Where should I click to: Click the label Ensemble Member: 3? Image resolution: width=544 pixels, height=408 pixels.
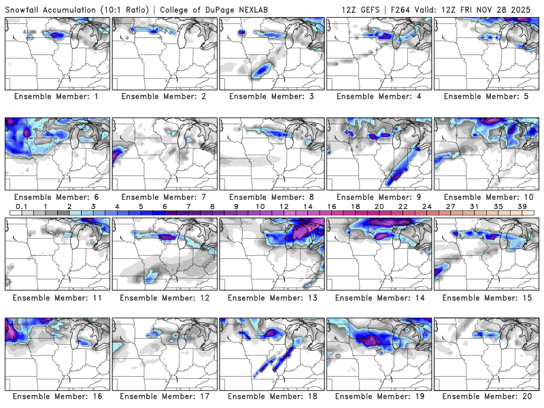272,97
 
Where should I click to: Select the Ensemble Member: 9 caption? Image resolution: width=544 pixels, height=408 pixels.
379,197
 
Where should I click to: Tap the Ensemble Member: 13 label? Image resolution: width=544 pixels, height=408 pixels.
272,297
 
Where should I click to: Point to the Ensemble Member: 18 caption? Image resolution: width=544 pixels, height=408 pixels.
272,396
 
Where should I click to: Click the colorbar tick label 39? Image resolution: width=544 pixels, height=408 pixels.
522,206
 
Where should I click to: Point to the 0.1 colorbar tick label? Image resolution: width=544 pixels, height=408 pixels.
22,206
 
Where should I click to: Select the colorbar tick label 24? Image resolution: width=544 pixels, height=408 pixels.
426,206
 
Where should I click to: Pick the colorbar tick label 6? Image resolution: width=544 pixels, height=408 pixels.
165,206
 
